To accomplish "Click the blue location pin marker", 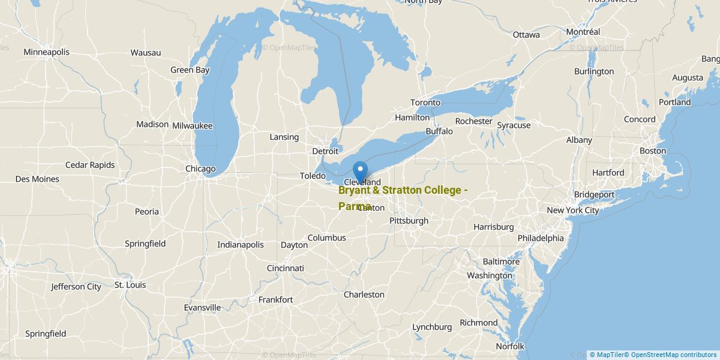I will click(x=360, y=171).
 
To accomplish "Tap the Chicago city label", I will click(x=200, y=169).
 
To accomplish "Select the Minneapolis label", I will click(x=46, y=52).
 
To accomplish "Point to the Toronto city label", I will click(x=425, y=103).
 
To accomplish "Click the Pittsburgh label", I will click(x=409, y=221).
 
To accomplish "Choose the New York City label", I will click(x=572, y=211).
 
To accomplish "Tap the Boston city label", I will click(x=653, y=151).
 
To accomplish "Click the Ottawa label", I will click(x=526, y=35).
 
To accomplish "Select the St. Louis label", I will click(x=130, y=285).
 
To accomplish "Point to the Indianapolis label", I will click(x=241, y=245).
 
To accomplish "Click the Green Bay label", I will click(x=190, y=70).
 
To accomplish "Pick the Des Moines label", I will click(x=37, y=179).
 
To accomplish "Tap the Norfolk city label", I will click(x=510, y=346).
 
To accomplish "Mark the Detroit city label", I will click(x=325, y=151).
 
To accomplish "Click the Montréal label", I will click(x=583, y=32).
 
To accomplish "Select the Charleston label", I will click(x=364, y=295).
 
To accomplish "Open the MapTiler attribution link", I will click(x=608, y=355).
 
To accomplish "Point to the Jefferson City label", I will click(x=76, y=287).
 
